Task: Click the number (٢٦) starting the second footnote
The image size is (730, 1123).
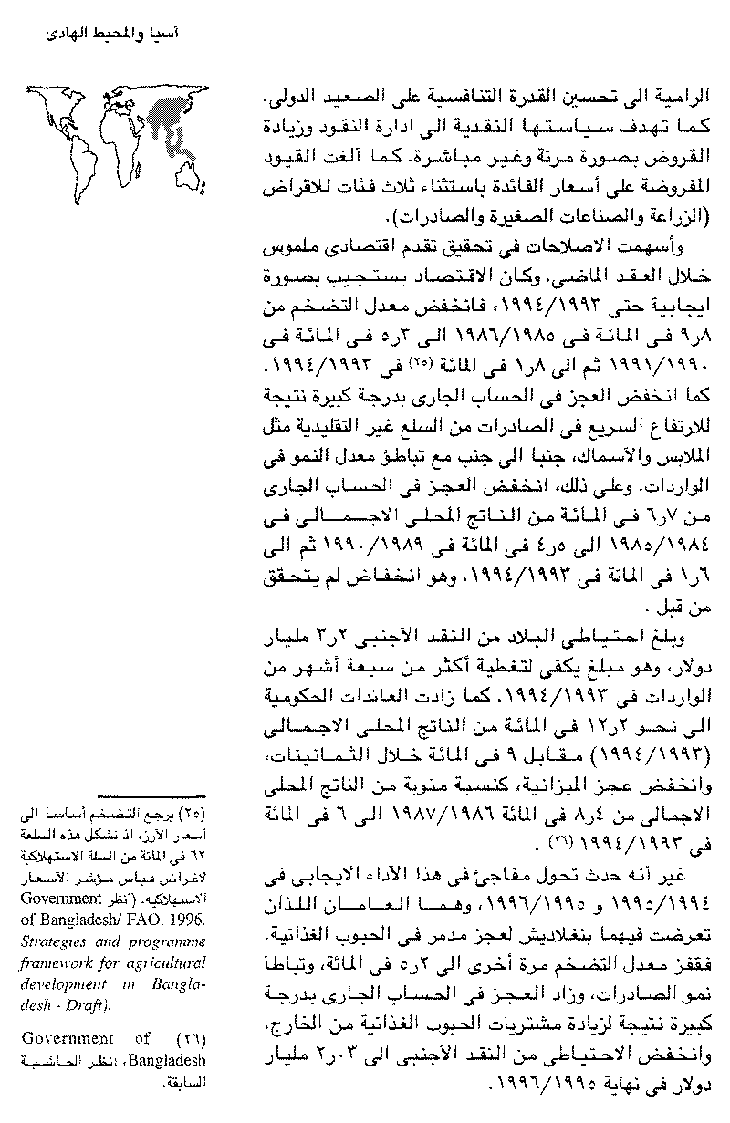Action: tap(189, 1039)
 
